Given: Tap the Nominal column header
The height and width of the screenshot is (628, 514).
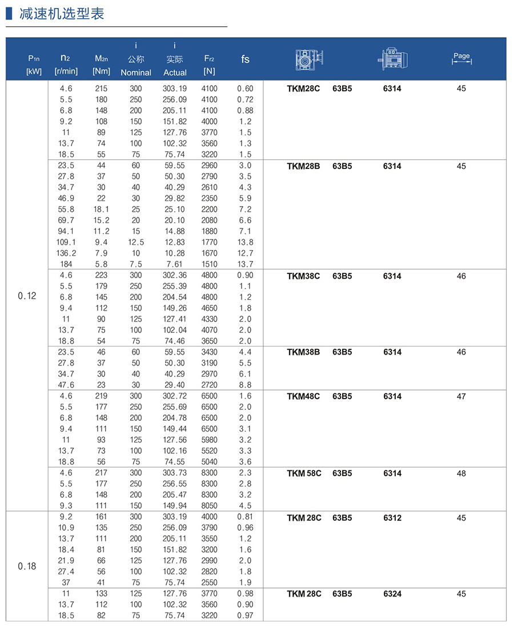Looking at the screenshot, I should coord(136,73).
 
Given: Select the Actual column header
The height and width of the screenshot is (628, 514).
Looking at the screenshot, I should coord(175,73).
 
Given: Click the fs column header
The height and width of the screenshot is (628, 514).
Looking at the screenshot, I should coord(246,59).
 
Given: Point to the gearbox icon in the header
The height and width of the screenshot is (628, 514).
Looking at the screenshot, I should coord(310,59).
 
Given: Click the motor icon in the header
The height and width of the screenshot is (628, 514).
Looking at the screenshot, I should coord(393,59).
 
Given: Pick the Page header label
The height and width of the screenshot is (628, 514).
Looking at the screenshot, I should coord(461,56).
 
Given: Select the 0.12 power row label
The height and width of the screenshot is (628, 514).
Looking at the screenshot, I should coord(27,296).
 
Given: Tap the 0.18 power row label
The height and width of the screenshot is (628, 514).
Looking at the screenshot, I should coord(27,566).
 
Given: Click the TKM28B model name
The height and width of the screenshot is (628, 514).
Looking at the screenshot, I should coord(303,166).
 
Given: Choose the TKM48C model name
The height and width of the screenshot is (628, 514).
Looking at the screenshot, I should coord(303,396).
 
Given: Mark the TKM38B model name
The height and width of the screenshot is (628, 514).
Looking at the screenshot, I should coord(303,352).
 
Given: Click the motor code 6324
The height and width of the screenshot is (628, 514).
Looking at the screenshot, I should coord(392,594).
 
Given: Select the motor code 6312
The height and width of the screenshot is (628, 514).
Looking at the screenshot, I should coord(392,518).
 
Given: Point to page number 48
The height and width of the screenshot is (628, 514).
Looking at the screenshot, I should coord(461,473).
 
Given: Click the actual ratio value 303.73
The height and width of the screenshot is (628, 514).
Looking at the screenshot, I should coord(175,473).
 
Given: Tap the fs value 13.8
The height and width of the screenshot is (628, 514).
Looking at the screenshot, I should coord(246,242).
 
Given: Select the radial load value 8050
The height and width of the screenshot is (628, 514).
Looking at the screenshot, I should coord(209,506).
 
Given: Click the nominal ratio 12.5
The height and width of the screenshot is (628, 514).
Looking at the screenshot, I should coord(136,242).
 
